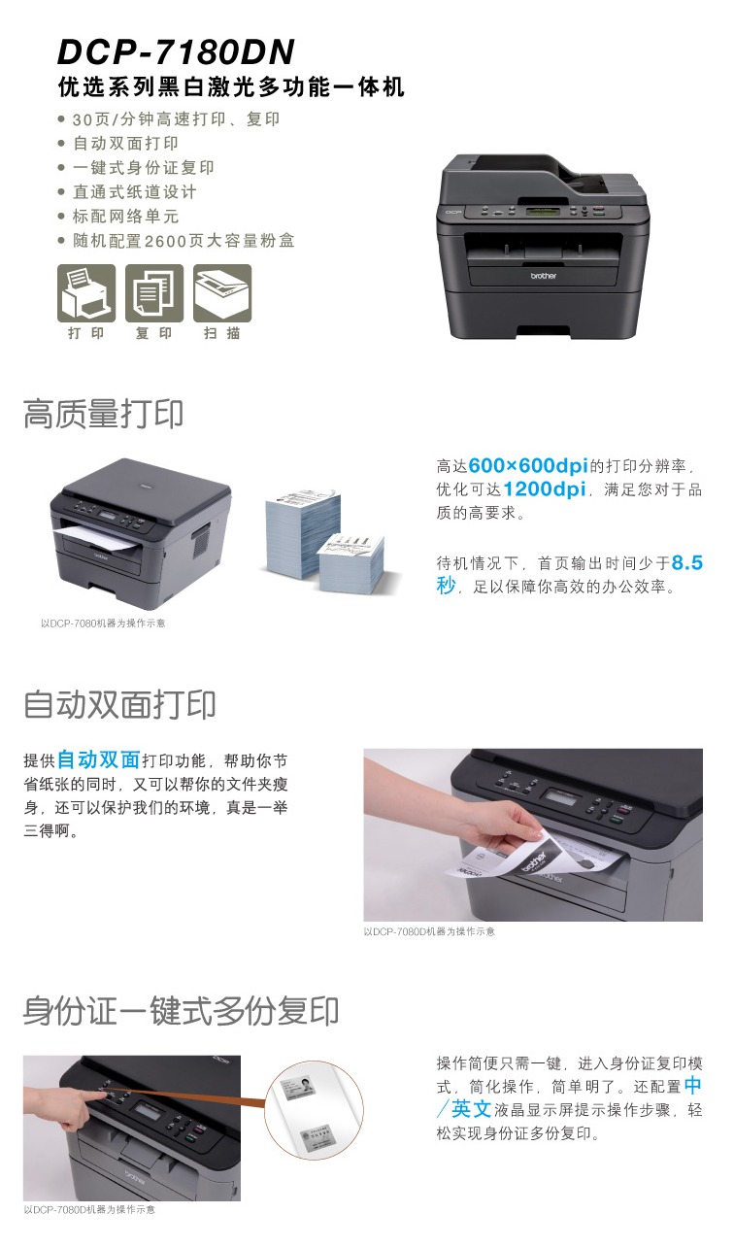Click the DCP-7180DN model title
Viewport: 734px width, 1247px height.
176,52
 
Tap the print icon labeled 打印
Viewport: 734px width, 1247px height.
86,293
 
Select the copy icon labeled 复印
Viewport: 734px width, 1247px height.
154,293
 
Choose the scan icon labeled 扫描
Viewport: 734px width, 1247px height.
222,293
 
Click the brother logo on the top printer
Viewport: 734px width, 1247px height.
543,276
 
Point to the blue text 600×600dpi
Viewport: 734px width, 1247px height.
528,465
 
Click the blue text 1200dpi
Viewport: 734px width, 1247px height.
545,489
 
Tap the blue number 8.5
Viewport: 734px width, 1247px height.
687,562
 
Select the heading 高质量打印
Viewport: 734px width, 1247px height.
104,414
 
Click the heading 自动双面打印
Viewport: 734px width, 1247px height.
119,704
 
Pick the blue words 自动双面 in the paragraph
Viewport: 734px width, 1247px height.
98,759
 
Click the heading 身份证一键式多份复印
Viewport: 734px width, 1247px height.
182,1010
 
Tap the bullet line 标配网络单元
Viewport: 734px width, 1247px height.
126,216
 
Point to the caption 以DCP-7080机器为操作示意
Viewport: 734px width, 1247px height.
103,623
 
